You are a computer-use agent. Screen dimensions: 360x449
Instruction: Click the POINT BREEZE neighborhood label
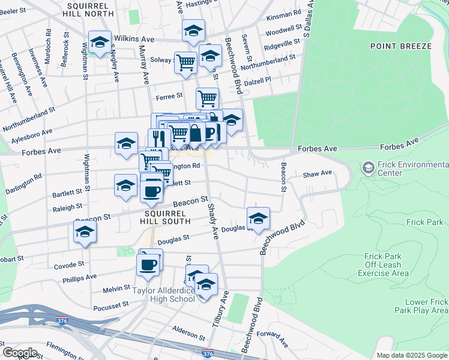(400, 46)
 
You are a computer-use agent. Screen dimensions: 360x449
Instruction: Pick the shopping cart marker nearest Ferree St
(207, 98)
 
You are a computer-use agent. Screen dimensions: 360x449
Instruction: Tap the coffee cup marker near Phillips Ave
(148, 263)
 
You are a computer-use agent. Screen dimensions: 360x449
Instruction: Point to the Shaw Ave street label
(317, 173)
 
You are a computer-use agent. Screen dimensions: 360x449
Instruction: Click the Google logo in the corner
(20, 353)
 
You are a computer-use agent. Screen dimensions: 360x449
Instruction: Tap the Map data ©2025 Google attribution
(412, 355)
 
